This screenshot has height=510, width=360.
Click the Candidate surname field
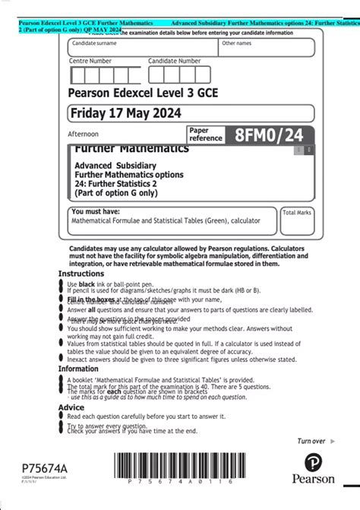point(141,48)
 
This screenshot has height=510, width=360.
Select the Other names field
point(267,48)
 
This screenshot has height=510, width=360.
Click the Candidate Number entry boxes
point(179,75)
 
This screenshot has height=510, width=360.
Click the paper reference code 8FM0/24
point(269,135)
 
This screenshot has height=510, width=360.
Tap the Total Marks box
point(297,222)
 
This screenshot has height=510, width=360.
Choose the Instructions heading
point(81,274)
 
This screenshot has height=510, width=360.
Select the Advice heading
point(71,407)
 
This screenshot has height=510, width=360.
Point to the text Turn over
point(311,441)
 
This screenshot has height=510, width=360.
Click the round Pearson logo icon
point(319,463)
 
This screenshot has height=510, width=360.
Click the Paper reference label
point(206,135)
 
